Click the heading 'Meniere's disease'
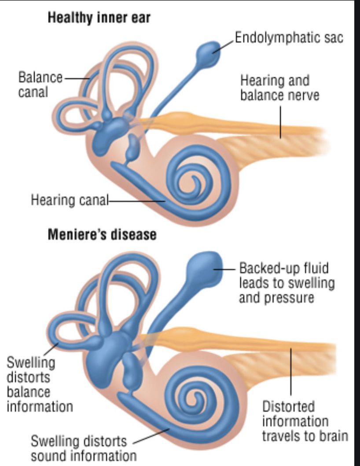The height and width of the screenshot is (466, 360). (x=102, y=234)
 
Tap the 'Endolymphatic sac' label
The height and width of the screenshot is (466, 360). (x=289, y=37)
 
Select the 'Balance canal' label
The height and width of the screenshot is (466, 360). (x=40, y=85)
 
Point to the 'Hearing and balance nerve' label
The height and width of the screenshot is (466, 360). (x=279, y=88)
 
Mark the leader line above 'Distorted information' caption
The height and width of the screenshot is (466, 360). (x=290, y=370)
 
